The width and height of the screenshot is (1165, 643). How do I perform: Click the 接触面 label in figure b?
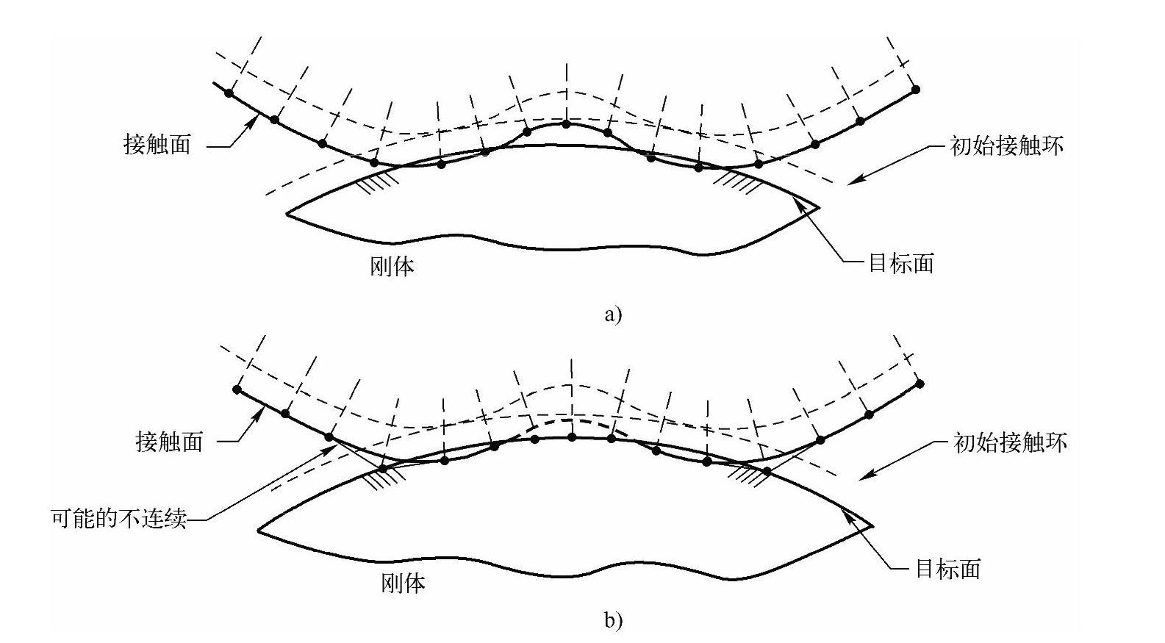pyautogui.click(x=169, y=442)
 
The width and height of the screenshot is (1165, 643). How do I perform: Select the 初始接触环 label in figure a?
pyautogui.click(x=1006, y=146)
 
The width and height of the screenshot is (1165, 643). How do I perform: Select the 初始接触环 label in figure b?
pyautogui.click(x=1010, y=442)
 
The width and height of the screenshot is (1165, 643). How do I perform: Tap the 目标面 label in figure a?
pyautogui.click(x=900, y=263)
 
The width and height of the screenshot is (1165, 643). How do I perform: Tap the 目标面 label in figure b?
pyautogui.click(x=947, y=569)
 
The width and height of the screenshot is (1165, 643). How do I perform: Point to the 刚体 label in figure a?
pyautogui.click(x=392, y=266)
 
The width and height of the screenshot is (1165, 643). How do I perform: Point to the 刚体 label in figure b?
pyautogui.click(x=403, y=583)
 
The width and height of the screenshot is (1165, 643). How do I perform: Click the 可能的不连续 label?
pyautogui.click(x=118, y=519)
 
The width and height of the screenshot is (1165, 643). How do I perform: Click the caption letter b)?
pyautogui.click(x=613, y=621)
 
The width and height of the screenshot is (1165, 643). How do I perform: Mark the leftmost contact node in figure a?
pyautogui.click(x=229, y=93)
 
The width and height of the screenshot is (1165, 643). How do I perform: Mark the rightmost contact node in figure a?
pyautogui.click(x=915, y=90)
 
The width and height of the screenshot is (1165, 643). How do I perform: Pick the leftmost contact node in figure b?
pyautogui.click(x=237, y=389)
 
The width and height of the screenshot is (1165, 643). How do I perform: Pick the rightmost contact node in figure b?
pyautogui.click(x=920, y=384)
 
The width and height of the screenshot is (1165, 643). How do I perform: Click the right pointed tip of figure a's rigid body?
pyautogui.click(x=818, y=207)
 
